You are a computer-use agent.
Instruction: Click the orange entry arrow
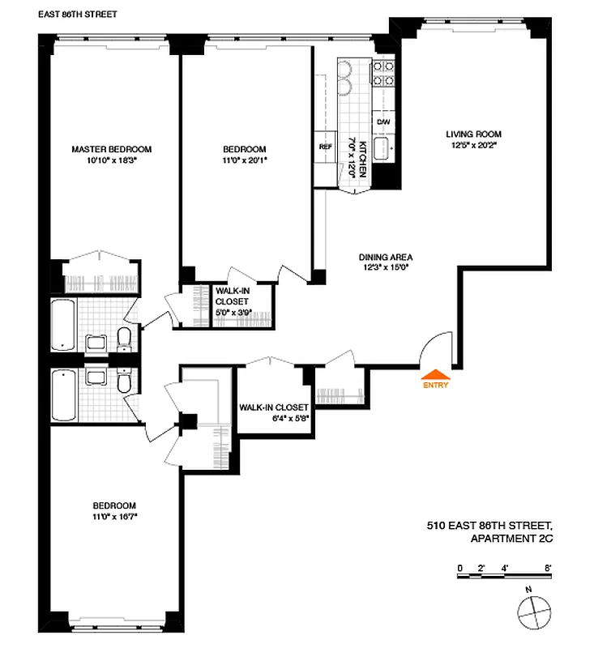435,374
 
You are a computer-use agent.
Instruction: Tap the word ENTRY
435,386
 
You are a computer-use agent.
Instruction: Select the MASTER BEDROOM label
112,149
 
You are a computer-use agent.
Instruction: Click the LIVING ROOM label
473,134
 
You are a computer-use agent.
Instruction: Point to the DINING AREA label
387,258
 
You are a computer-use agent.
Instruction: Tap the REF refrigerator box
325,147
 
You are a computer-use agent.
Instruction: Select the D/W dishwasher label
383,122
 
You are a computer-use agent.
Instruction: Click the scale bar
502,573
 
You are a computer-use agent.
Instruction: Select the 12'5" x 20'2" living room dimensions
473,146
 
